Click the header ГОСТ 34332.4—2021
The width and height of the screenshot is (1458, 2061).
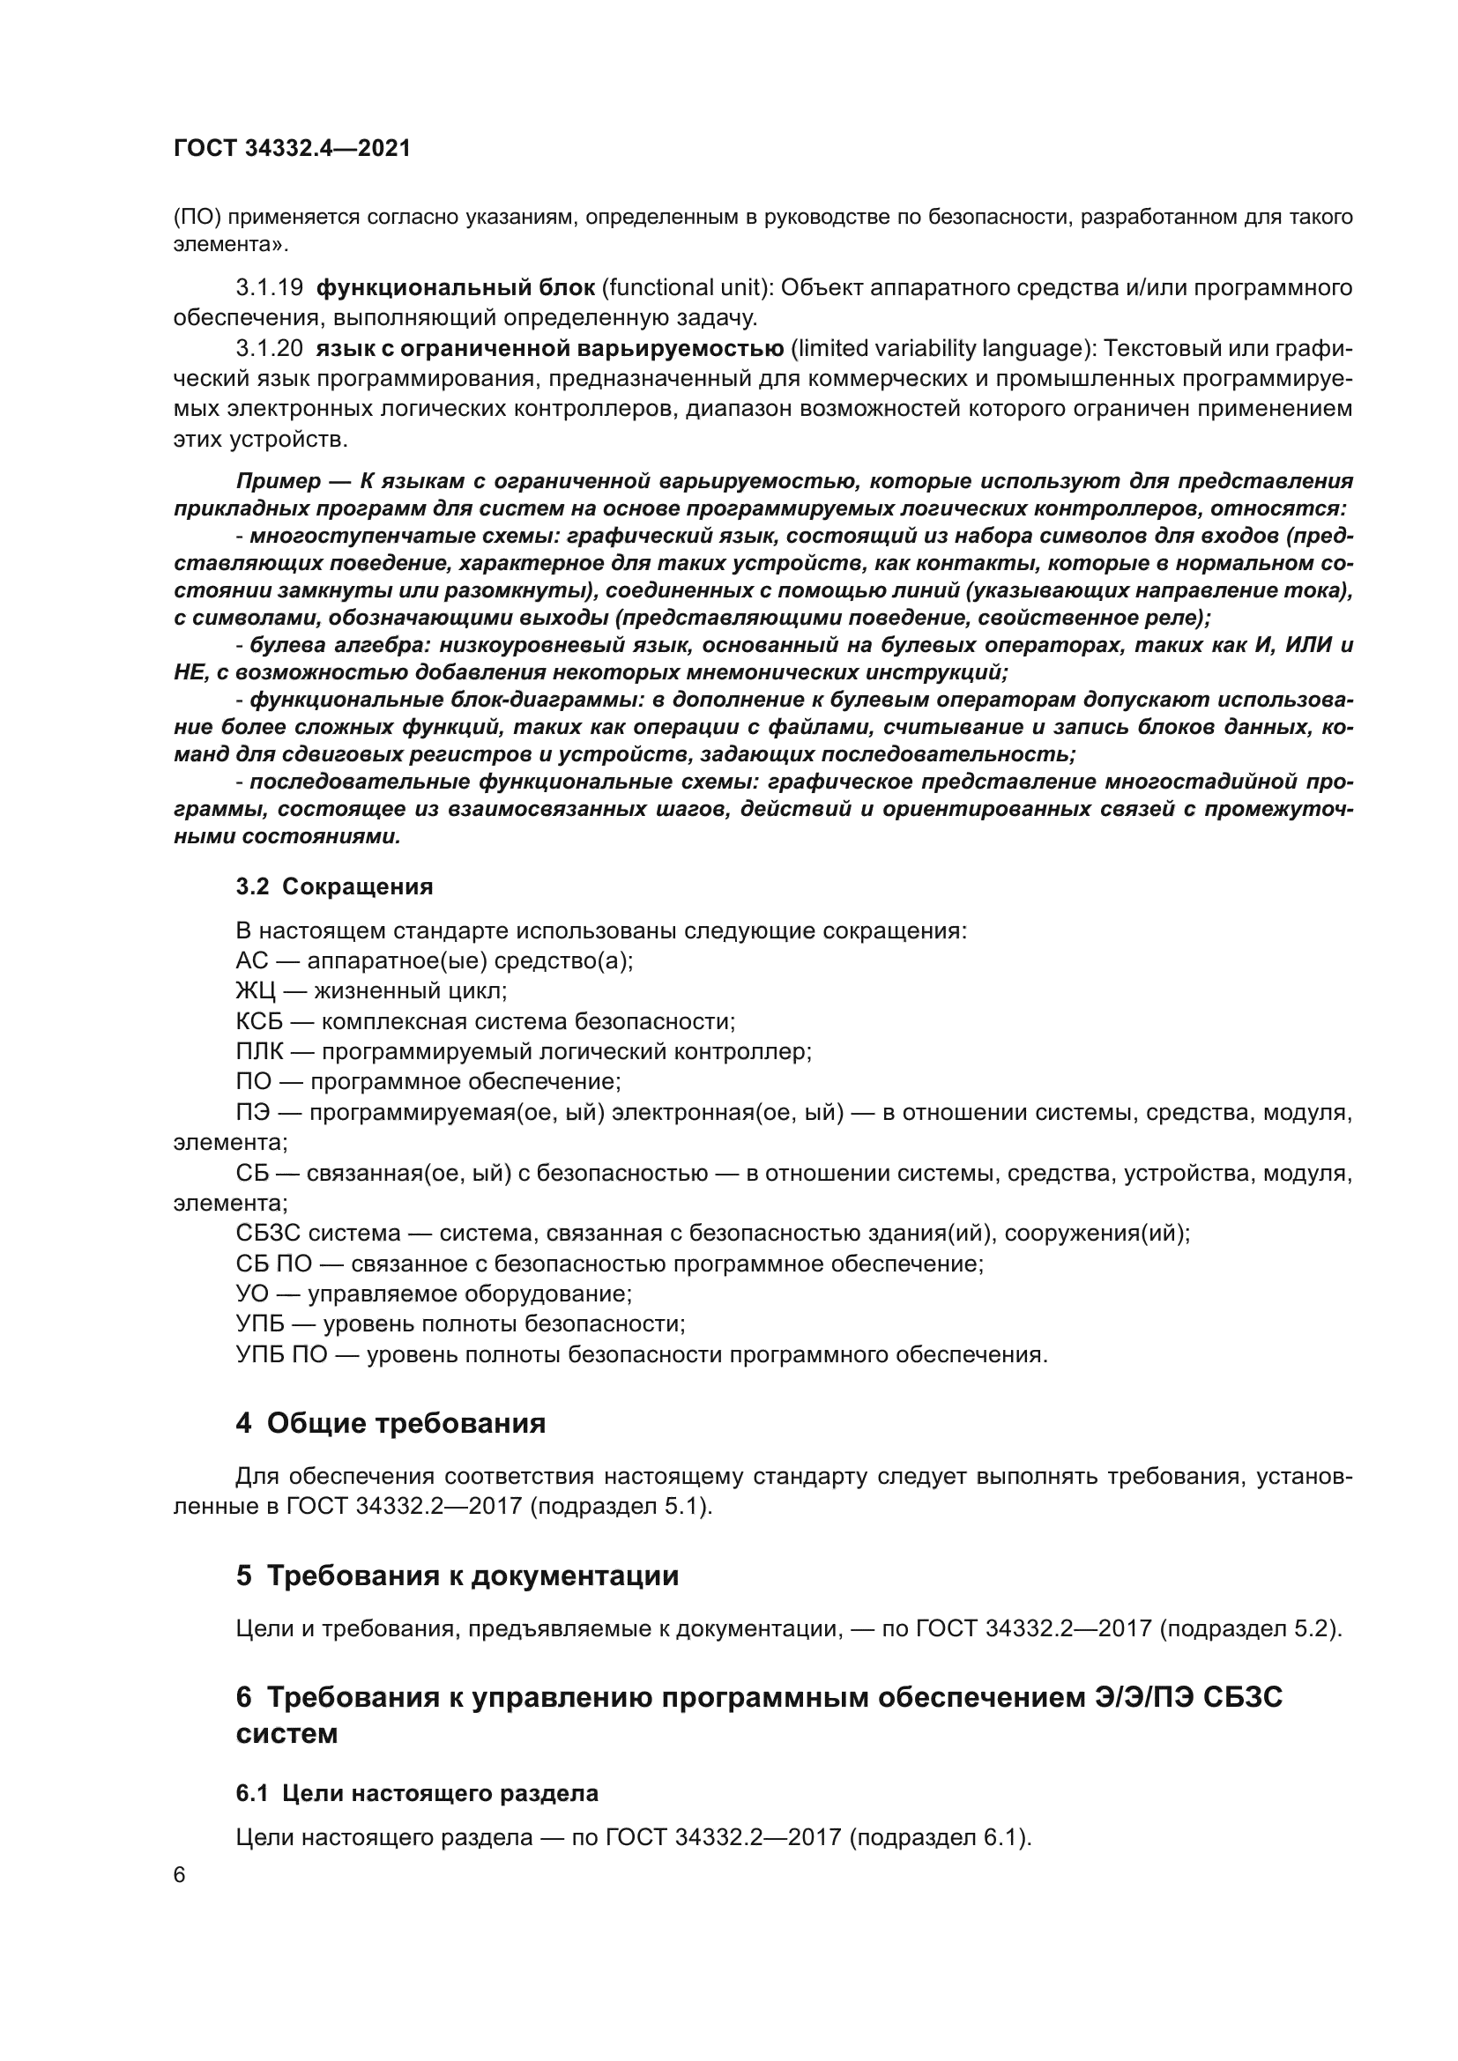coord(292,149)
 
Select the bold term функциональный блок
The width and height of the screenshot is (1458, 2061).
coord(455,288)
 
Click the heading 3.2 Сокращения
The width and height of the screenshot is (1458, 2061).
coord(334,887)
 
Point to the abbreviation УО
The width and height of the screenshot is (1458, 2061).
coord(253,1294)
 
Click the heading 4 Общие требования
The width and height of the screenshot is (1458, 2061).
coord(391,1424)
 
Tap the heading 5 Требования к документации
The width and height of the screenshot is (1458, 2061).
coord(457,1576)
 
